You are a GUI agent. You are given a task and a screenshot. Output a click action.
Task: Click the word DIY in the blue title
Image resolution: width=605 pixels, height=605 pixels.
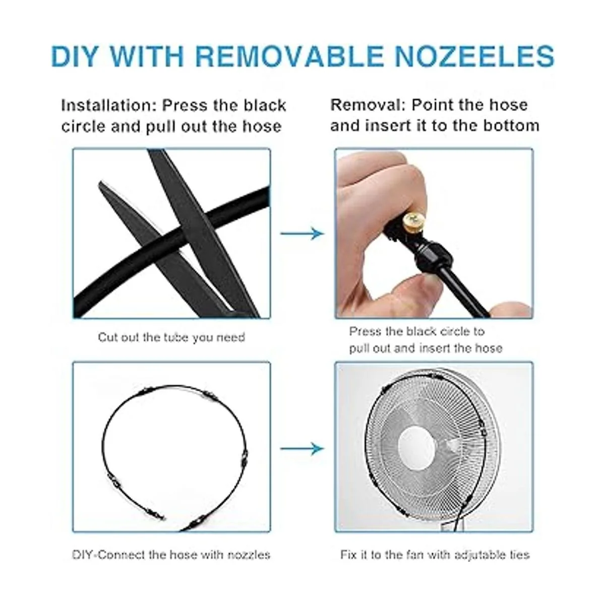coord(74,56)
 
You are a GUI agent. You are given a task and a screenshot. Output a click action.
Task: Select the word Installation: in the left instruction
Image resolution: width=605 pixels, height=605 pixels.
coord(109,105)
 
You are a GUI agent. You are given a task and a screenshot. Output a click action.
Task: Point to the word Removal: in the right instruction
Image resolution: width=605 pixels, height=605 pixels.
coord(368,105)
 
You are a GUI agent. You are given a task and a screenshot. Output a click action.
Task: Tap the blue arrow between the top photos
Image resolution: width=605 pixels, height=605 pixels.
coord(301,233)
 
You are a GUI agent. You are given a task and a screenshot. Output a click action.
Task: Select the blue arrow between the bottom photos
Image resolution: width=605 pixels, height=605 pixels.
coord(301,448)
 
